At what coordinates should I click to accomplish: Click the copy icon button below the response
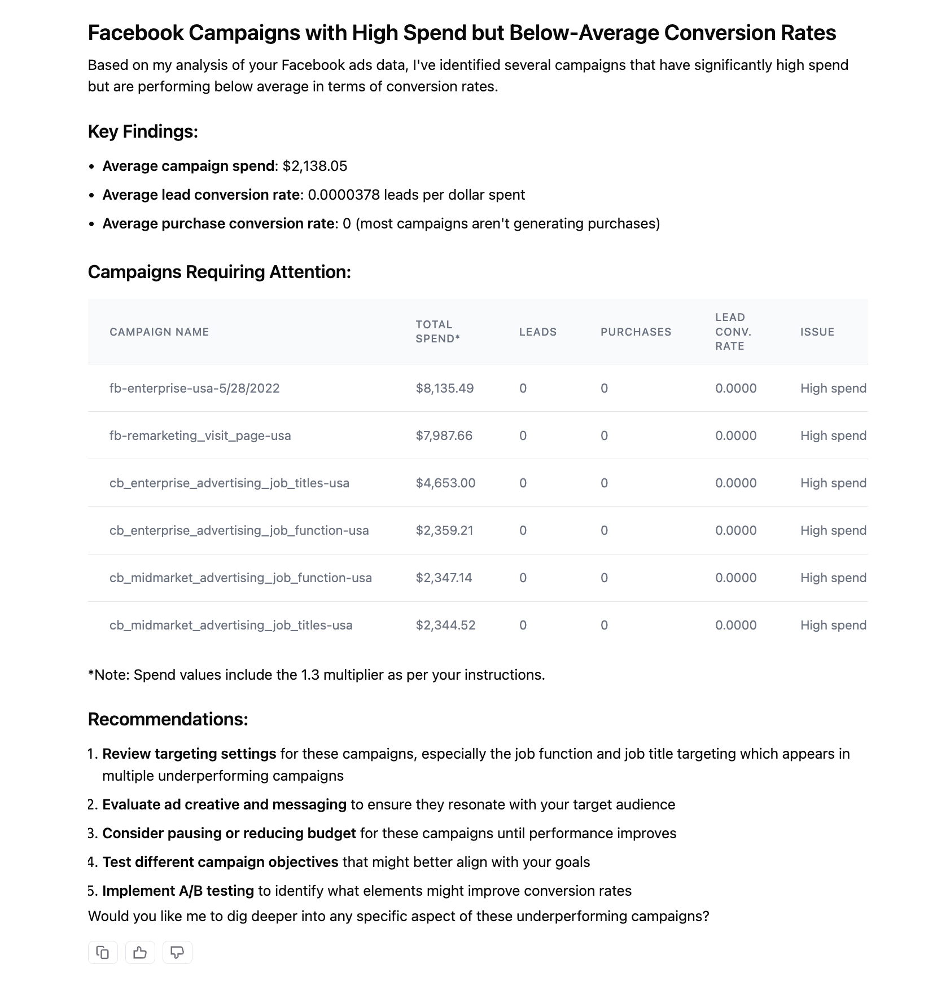point(103,953)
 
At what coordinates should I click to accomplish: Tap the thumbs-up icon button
point(140,953)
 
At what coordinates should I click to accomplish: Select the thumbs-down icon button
point(177,953)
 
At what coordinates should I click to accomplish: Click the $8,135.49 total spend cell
point(445,388)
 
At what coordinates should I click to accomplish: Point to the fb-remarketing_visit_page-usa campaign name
point(200,435)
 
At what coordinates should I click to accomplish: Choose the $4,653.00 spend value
point(446,483)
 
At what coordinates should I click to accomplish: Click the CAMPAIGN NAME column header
point(159,332)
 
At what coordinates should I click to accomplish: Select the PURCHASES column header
point(636,332)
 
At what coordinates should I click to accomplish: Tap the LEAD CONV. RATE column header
point(733,332)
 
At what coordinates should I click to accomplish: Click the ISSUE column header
point(817,332)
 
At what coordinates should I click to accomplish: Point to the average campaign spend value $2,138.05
point(315,166)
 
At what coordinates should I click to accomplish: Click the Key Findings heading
point(143,131)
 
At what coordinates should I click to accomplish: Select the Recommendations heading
point(168,719)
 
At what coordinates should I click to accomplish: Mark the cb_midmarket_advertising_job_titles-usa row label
point(231,625)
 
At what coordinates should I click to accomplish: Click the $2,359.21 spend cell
point(445,530)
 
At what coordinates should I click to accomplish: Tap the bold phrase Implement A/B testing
point(178,891)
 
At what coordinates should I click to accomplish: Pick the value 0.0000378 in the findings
point(344,195)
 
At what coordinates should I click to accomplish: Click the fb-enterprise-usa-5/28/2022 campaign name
point(195,388)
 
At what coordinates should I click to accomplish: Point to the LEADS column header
point(538,332)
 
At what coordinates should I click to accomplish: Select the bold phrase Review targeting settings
point(190,754)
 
